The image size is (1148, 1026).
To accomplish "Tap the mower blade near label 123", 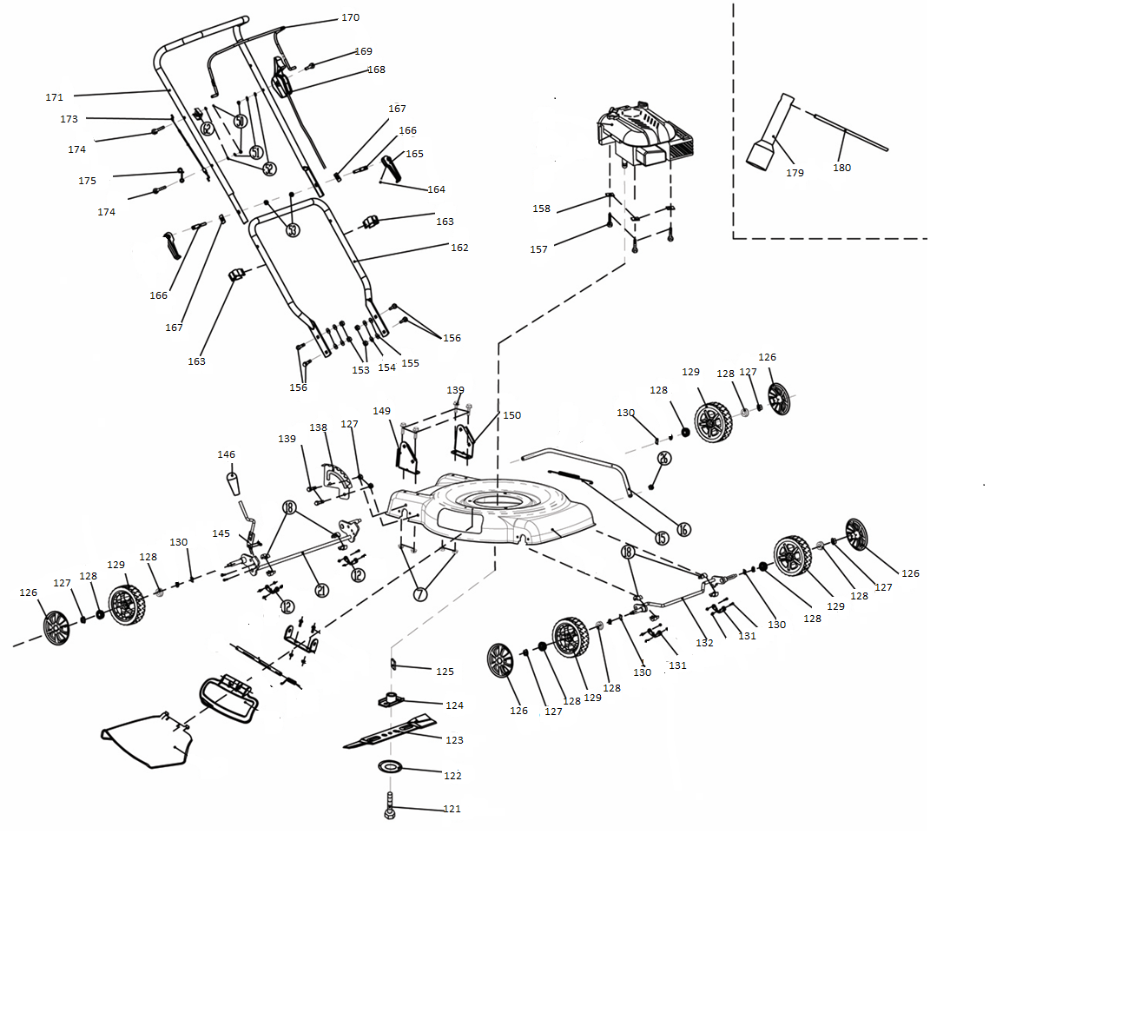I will pyautogui.click(x=391, y=733).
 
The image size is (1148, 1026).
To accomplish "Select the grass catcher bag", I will pyautogui.click(x=148, y=740).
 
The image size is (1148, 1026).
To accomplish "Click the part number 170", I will pyautogui.click(x=350, y=17).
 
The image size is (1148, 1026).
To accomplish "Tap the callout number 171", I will pyautogui.click(x=54, y=97).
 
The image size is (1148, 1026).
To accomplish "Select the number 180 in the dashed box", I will pyautogui.click(x=841, y=168).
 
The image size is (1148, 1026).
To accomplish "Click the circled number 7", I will pyautogui.click(x=420, y=594).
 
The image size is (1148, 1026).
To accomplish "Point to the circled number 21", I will pyautogui.click(x=321, y=591).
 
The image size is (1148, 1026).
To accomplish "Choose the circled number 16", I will pyautogui.click(x=683, y=529).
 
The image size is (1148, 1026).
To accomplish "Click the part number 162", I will pyautogui.click(x=459, y=248).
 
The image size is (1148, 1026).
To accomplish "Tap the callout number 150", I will pyautogui.click(x=511, y=415).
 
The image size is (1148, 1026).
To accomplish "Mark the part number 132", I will pyautogui.click(x=704, y=643).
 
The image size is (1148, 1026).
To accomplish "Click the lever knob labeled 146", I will pyautogui.click(x=234, y=482).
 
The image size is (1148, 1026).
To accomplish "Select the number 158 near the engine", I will pyautogui.click(x=541, y=209).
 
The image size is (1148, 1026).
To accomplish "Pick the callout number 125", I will pyautogui.click(x=445, y=672).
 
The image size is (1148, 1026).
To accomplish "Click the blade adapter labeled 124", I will pyautogui.click(x=393, y=699).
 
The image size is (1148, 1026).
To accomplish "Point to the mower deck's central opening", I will pyautogui.click(x=496, y=500).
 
